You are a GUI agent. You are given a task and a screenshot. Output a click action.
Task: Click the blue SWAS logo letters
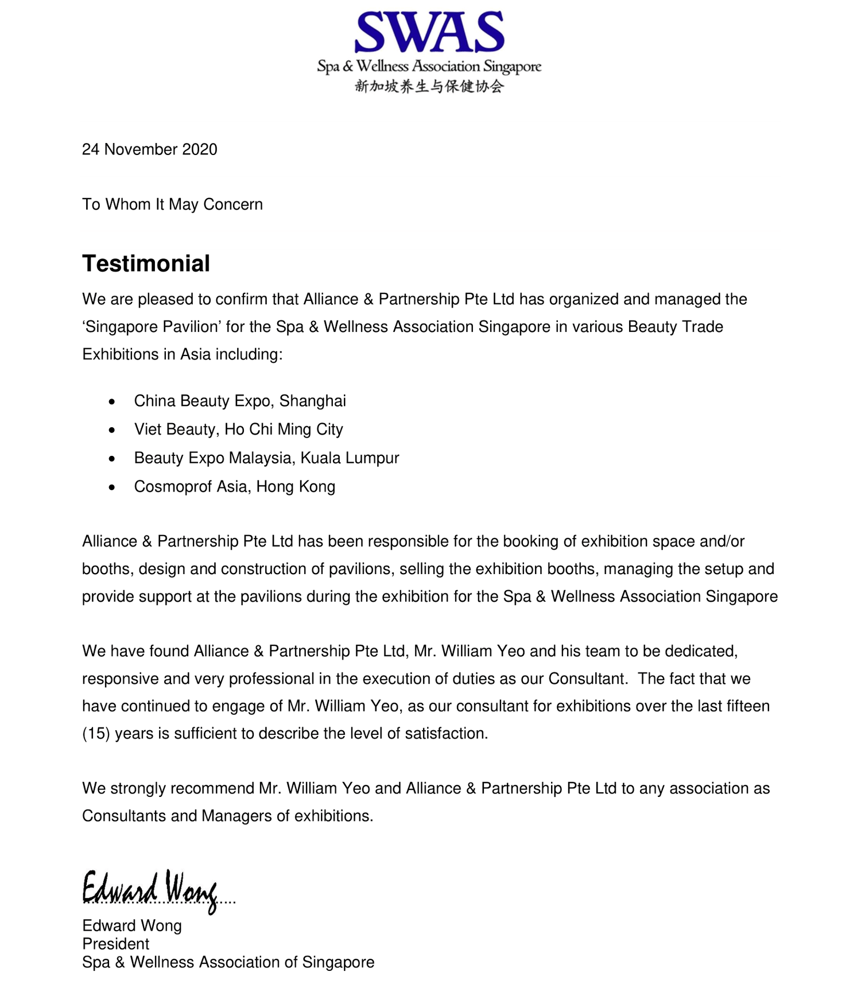click(429, 33)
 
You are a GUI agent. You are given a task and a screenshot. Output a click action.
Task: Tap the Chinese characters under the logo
click(429, 87)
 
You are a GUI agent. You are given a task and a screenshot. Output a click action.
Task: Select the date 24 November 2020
click(150, 150)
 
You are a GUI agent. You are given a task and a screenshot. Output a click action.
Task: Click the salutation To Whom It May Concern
click(172, 205)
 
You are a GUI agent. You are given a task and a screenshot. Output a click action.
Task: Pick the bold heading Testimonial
click(146, 264)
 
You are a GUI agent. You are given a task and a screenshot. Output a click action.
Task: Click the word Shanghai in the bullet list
click(313, 401)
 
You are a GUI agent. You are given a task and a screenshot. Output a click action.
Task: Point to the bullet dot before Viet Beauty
click(112, 430)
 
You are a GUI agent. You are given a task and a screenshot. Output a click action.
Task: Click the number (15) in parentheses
click(96, 734)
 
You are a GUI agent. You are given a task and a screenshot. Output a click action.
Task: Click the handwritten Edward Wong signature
click(150, 889)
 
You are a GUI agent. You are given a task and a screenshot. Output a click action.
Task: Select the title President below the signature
click(116, 944)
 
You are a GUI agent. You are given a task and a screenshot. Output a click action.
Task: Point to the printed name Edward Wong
click(132, 925)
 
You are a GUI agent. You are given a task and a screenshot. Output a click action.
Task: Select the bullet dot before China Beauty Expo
click(112, 401)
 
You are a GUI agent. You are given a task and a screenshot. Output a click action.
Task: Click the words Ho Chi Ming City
click(284, 429)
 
